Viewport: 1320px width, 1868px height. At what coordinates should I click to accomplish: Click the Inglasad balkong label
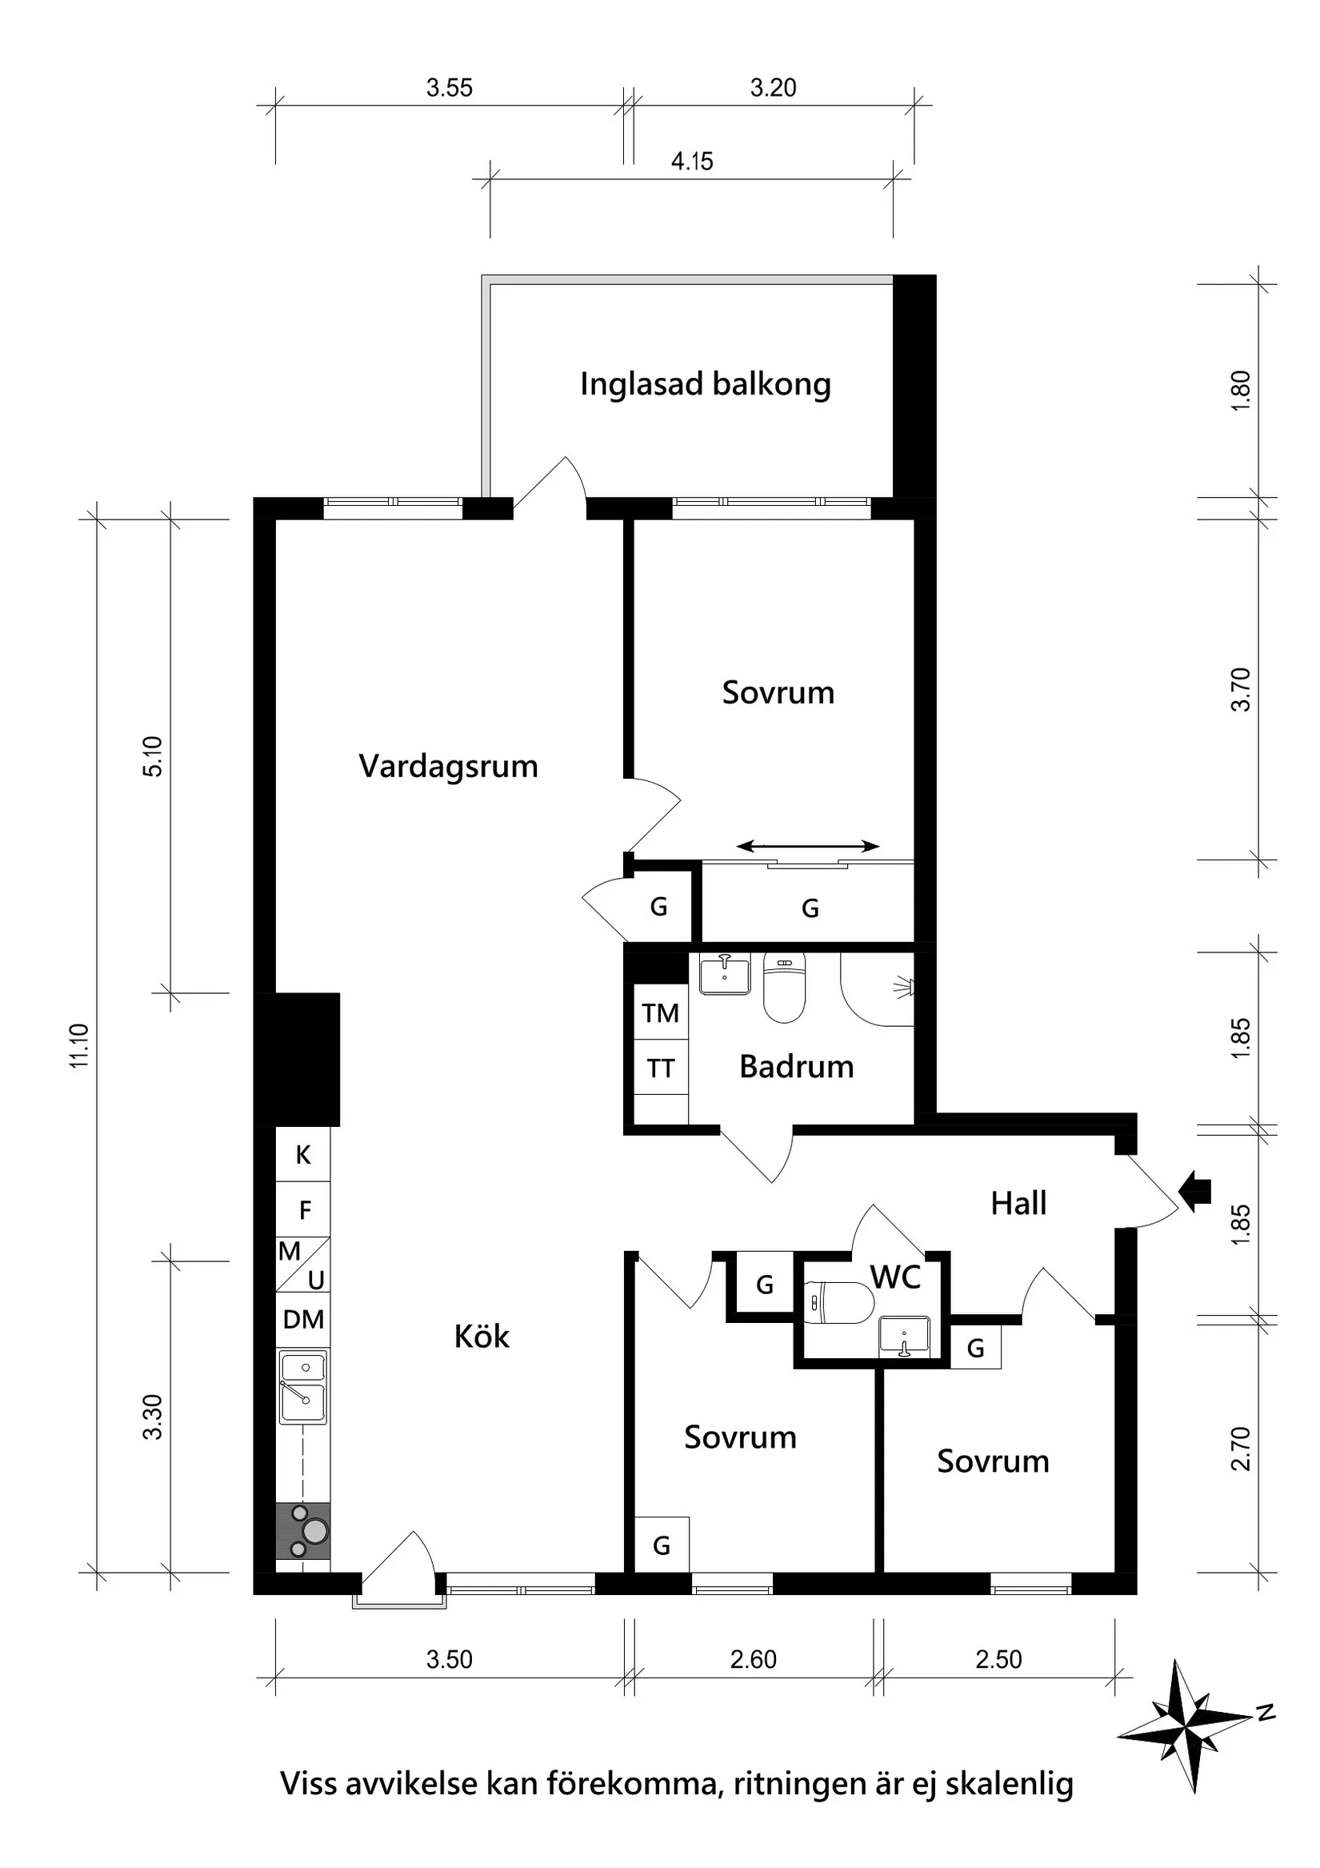pyautogui.click(x=704, y=384)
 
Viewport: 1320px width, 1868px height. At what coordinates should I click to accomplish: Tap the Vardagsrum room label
pyautogui.click(x=448, y=767)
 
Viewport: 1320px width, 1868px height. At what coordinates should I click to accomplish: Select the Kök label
pyautogui.click(x=482, y=1336)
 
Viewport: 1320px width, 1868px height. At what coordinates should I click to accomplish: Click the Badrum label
pyautogui.click(x=796, y=1067)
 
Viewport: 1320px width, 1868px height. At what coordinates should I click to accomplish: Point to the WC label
pyautogui.click(x=895, y=1277)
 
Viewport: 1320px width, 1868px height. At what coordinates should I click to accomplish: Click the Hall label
pyautogui.click(x=1018, y=1203)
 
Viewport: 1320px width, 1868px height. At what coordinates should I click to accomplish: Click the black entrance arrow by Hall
pyautogui.click(x=1196, y=1192)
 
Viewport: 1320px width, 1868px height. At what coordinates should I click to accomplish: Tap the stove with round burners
pyautogui.click(x=302, y=1530)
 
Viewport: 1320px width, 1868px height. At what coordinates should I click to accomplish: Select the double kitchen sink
pyautogui.click(x=303, y=1387)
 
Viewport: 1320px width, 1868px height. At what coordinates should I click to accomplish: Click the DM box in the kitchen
pyautogui.click(x=303, y=1319)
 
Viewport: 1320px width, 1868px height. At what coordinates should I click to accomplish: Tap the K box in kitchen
pyautogui.click(x=303, y=1154)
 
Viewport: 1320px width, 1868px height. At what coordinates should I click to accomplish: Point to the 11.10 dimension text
pyautogui.click(x=80, y=1045)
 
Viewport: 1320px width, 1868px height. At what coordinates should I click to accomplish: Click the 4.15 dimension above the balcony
pyautogui.click(x=691, y=162)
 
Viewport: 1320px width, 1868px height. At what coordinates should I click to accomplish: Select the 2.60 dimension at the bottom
pyautogui.click(x=753, y=1659)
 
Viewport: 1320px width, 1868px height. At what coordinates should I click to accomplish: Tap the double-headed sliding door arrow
pyautogui.click(x=809, y=846)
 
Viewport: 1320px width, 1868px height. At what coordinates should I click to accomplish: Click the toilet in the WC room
pyautogui.click(x=838, y=1302)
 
